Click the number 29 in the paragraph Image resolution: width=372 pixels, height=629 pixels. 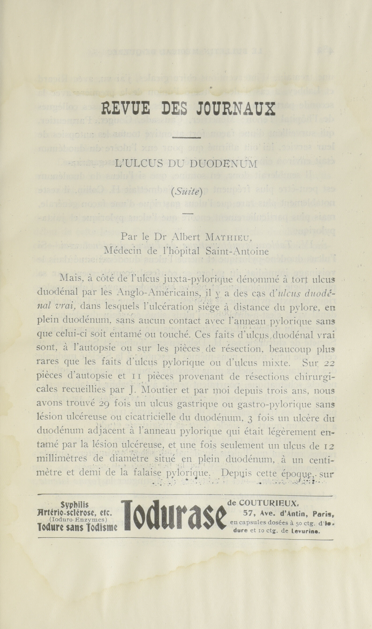[105, 411]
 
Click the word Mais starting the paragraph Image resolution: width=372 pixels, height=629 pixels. [70, 278]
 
